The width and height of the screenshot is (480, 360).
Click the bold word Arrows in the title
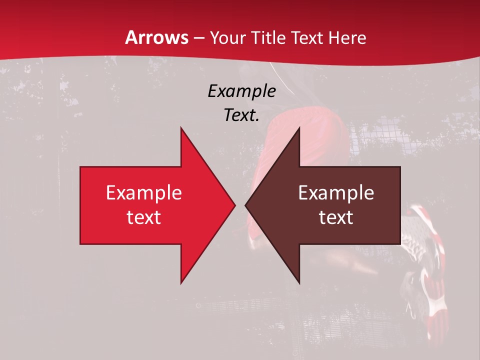click(156, 37)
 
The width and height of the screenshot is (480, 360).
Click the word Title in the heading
click(269, 38)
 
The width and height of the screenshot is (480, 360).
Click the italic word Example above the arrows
click(241, 91)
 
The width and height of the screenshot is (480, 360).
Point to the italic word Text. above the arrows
click(241, 115)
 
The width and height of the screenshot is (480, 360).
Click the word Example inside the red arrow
click(143, 192)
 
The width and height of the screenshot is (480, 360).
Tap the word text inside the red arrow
click(143, 217)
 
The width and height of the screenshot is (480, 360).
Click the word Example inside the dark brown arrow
click(336, 192)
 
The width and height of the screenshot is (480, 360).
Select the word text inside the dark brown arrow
click(336, 217)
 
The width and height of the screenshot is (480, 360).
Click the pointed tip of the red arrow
click(234, 205)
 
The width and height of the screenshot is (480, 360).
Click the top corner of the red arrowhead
click(181, 128)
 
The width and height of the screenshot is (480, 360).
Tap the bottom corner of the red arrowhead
click(181, 283)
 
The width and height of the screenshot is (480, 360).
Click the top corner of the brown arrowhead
click(299, 128)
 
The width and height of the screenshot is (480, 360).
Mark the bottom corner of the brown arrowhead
click(299, 283)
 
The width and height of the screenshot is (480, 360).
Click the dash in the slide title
click(198, 38)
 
